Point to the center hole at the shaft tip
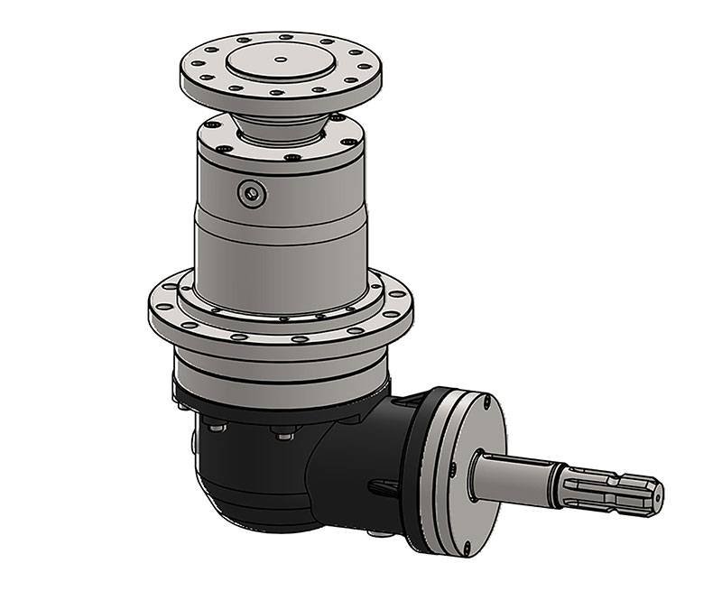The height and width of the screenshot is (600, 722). [x=656, y=494]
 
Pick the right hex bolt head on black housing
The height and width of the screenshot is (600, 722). [x=284, y=435]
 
